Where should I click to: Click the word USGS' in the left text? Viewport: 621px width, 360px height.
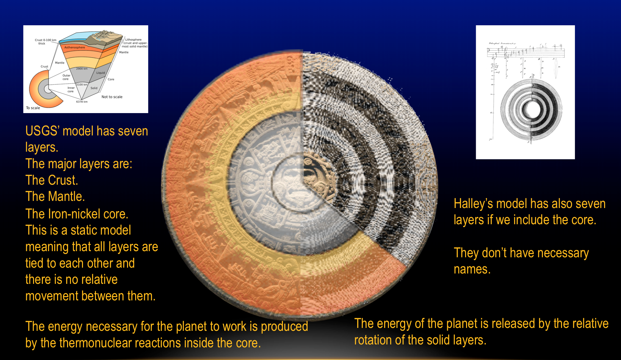click(x=42, y=131)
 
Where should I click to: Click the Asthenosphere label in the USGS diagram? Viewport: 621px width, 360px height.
click(x=75, y=47)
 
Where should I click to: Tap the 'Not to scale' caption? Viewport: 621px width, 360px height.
click(x=112, y=97)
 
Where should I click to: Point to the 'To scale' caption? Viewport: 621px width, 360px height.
click(x=33, y=108)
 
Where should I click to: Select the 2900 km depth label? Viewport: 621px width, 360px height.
click(x=82, y=69)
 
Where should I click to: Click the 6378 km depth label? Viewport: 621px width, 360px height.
click(x=82, y=102)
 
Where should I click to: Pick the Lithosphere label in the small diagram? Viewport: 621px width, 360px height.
click(x=133, y=40)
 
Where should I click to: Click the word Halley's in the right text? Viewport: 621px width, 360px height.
click(x=473, y=204)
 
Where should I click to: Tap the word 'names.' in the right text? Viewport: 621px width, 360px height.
click(x=472, y=269)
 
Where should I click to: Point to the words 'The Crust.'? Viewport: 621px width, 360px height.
click(x=52, y=180)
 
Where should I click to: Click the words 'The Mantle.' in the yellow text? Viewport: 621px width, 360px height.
click(x=55, y=197)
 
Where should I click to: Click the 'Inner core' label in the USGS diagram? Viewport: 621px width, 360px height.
click(x=71, y=89)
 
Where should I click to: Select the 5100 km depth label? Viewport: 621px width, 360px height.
click(x=82, y=85)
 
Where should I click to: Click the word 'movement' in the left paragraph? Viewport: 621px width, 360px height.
click(x=52, y=296)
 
